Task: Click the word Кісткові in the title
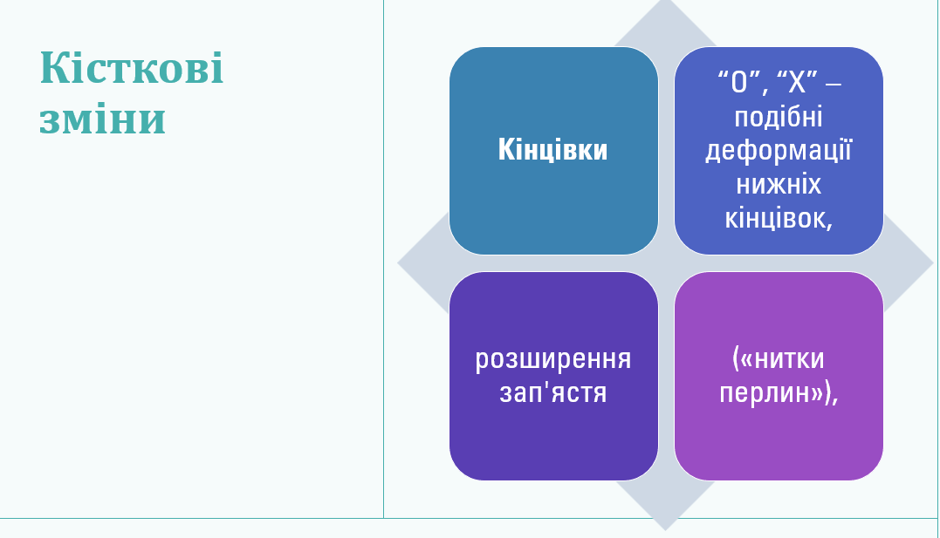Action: point(131,67)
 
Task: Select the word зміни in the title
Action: point(102,119)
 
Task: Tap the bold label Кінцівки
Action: point(552,149)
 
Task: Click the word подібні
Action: point(779,118)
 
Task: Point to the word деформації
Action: point(779,151)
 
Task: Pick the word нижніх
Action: point(779,184)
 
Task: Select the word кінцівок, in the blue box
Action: point(779,218)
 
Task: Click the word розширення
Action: point(552,359)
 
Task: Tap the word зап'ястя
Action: point(552,393)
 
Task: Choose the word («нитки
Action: point(779,358)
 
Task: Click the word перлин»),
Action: point(779,393)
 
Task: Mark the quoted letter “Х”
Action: point(797,81)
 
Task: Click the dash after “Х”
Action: point(834,84)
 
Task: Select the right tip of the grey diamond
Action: point(933,262)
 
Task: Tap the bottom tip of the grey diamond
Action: point(665,530)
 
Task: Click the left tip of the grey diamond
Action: point(397,262)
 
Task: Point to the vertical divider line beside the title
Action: point(384,259)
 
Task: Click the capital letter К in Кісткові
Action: point(52,67)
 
